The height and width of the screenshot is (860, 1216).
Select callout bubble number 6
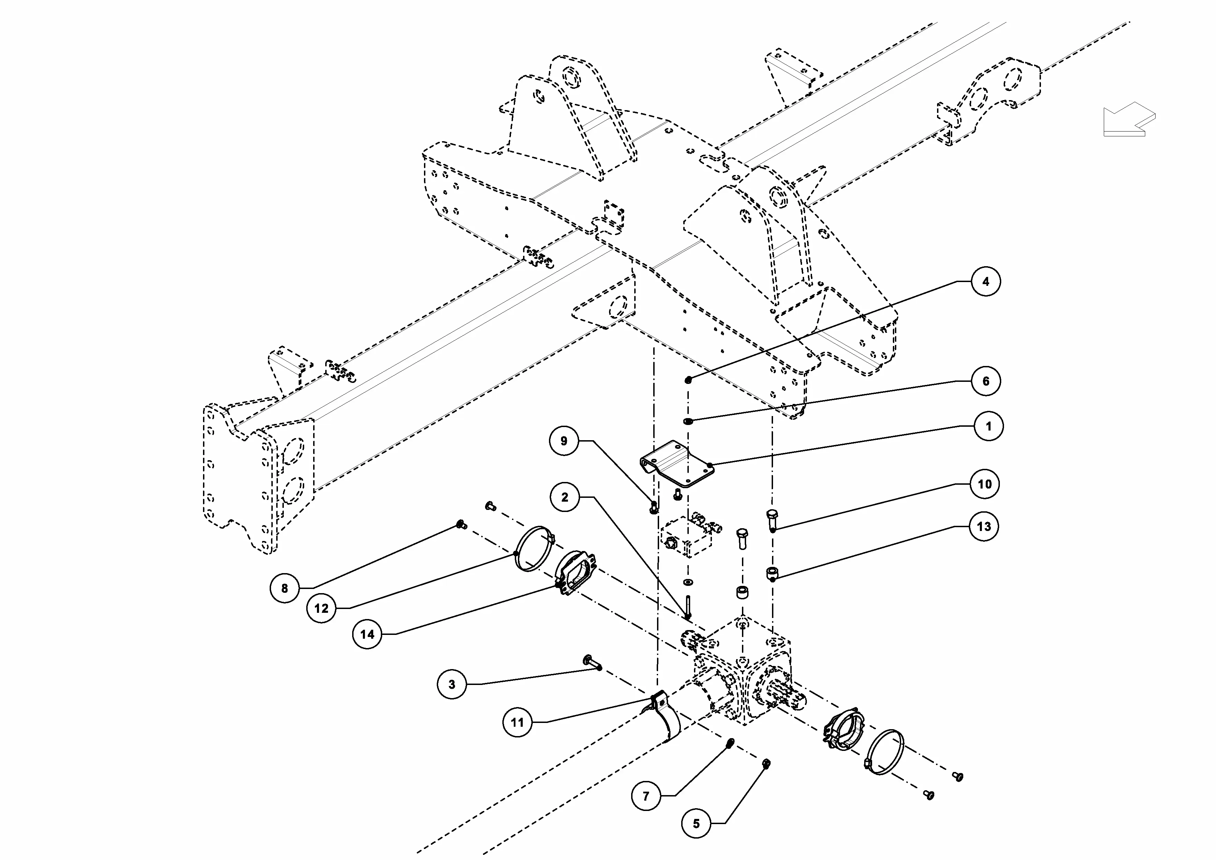[986, 381]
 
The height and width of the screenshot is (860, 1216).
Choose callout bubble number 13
[984, 526]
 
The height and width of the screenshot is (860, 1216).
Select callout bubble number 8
[284, 588]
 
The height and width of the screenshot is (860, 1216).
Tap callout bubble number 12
[321, 608]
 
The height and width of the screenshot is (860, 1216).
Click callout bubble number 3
[452, 684]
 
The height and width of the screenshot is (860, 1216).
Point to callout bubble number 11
[518, 722]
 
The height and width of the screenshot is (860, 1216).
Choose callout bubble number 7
[646, 795]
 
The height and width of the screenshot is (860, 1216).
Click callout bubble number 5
[696, 823]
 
